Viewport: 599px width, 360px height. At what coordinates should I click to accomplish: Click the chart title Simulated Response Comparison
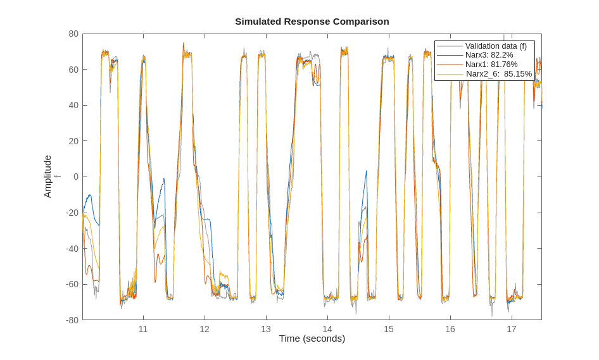click(312, 22)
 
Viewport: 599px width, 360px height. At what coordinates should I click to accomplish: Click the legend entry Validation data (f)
click(496, 46)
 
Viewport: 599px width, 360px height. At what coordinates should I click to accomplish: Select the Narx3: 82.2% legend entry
click(489, 55)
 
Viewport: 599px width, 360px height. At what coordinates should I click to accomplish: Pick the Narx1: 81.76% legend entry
click(491, 65)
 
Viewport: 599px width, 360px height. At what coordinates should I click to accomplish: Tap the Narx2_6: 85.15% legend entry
click(498, 73)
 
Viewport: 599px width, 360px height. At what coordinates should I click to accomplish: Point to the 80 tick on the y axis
click(73, 34)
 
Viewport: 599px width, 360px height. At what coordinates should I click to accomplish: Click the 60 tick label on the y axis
click(73, 70)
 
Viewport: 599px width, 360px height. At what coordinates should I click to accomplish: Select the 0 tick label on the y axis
click(76, 177)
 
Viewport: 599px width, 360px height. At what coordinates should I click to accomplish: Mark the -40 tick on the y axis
click(72, 248)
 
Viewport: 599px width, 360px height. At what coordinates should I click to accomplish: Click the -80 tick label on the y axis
click(72, 320)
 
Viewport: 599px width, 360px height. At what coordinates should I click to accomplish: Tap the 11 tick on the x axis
click(143, 329)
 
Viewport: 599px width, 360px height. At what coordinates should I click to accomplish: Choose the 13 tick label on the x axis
click(266, 329)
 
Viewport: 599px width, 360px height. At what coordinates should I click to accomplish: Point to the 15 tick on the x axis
click(389, 329)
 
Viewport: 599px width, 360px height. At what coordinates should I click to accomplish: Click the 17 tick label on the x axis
click(512, 329)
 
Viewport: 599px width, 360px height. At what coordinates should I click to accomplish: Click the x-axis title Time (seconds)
click(312, 338)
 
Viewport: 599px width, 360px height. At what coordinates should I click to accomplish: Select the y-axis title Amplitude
click(47, 177)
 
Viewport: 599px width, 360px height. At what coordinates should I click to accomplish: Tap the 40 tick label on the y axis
click(73, 105)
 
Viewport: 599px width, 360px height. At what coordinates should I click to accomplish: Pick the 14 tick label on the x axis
click(327, 329)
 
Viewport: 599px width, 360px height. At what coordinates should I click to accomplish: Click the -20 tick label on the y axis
click(72, 213)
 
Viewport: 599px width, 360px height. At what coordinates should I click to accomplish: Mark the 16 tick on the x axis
click(450, 329)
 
